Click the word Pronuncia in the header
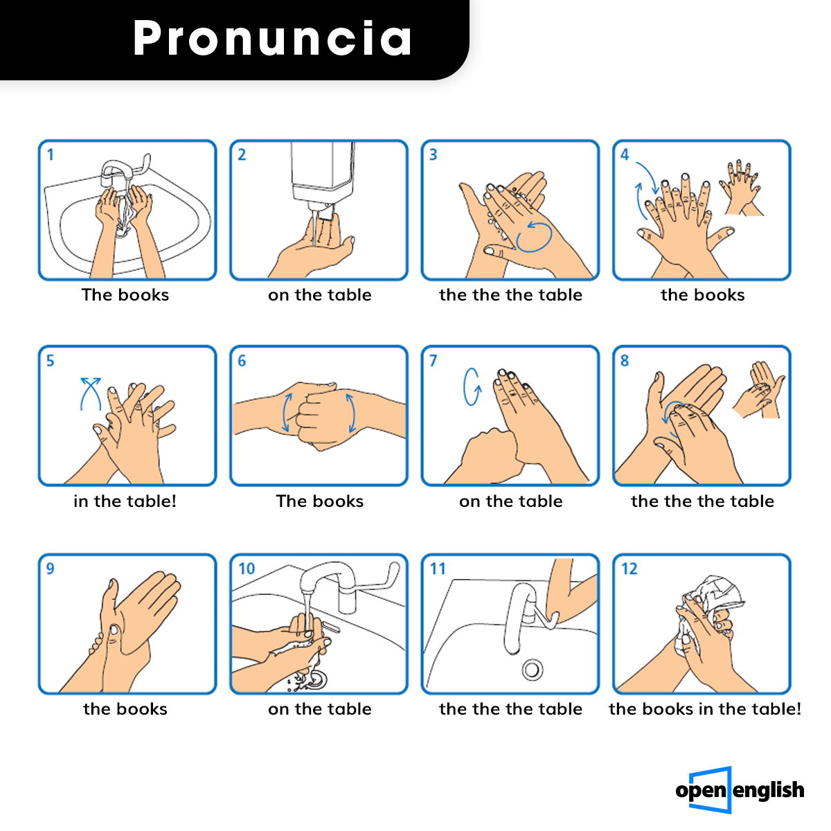coord(272,38)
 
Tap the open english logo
coord(740,789)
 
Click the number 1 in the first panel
coord(51,155)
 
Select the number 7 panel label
coord(433,361)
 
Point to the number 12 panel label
coord(629,569)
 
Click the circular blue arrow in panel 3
coord(534,236)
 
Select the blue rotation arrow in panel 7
coord(472,387)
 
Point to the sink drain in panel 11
coord(532,670)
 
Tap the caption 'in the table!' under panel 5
coord(125,501)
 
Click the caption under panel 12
coord(705,709)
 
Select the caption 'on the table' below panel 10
coord(319,709)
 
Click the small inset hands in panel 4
coord(740,188)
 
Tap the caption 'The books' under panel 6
coord(319,501)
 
